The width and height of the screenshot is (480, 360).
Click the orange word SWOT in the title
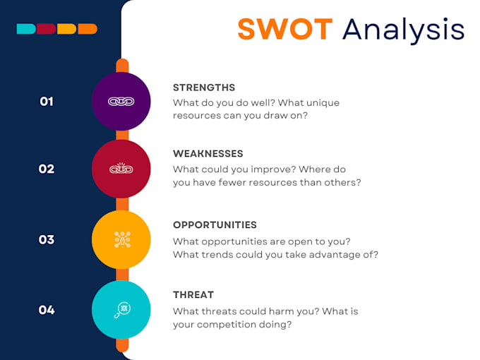(284, 30)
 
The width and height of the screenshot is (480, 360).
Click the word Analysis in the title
(403, 30)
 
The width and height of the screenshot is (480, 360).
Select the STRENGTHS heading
(204, 88)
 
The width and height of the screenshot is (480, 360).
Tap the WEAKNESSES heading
(208, 153)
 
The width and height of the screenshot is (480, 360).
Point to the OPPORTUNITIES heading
(215, 225)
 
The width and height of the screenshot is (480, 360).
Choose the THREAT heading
(193, 294)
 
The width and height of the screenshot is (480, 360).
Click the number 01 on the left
(47, 102)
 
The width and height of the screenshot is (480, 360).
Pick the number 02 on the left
(47, 169)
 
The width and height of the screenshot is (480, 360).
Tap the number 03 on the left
(47, 239)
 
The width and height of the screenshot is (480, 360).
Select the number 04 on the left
(47, 309)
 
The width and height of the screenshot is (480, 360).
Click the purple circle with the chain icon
(121, 101)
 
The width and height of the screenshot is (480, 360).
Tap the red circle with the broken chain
(121, 169)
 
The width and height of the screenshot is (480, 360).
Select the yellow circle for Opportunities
(121, 239)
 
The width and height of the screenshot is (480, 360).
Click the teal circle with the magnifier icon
(121, 309)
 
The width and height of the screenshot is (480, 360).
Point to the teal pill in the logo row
(25, 29)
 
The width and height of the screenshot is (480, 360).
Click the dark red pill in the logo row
(46, 29)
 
